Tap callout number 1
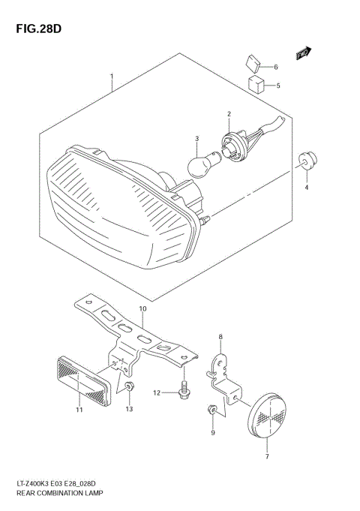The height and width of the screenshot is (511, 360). pyautogui.click(x=112, y=77)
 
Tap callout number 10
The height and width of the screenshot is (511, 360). pyautogui.click(x=142, y=309)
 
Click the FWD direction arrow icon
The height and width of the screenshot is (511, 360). pyautogui.click(x=302, y=53)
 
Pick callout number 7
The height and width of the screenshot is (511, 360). pyautogui.click(x=268, y=457)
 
